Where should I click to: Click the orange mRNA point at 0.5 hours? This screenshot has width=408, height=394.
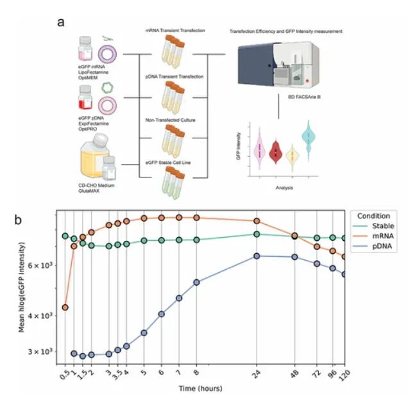click(65, 308)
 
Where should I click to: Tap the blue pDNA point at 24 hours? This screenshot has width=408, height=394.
click(257, 256)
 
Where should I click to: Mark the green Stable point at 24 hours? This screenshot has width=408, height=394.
click(257, 234)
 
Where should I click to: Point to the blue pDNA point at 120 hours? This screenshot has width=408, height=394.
click(344, 274)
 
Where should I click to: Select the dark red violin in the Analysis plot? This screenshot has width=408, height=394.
click(276, 151)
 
